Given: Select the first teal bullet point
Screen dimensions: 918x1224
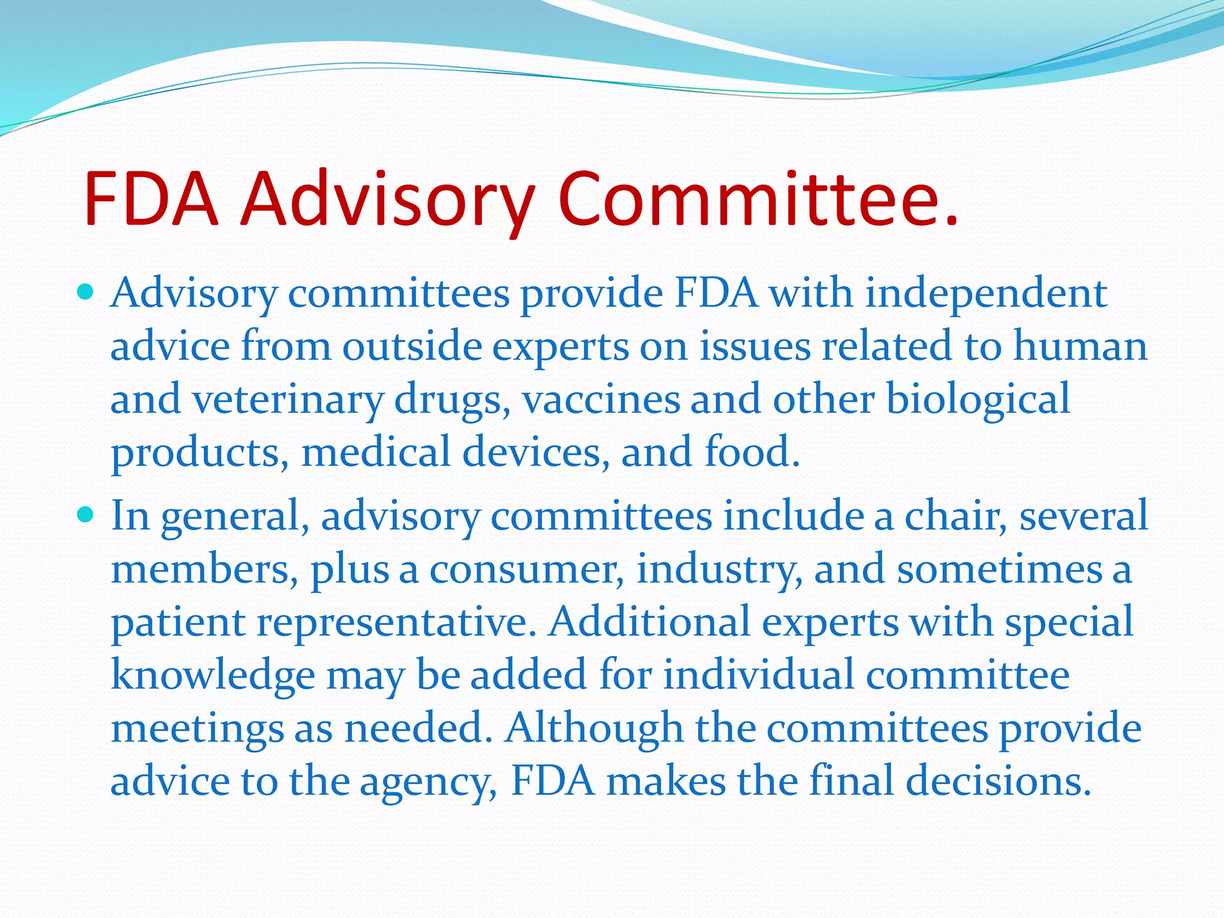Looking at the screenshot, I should click(86, 292).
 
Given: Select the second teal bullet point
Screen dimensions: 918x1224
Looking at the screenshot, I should click(86, 514).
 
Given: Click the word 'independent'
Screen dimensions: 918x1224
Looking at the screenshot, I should click(986, 294).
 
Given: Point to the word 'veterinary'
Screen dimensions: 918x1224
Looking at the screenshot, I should click(287, 399).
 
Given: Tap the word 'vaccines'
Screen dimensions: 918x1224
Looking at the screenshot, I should click(601, 399).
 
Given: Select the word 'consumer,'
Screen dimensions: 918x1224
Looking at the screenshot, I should click(527, 569).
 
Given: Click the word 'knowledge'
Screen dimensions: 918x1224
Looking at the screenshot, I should click(213, 675).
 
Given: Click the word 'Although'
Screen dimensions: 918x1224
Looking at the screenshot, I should click(593, 728).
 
